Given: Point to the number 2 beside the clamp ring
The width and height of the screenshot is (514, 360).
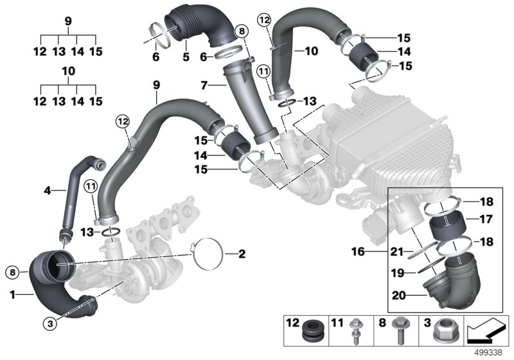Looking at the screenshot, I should point(224,255).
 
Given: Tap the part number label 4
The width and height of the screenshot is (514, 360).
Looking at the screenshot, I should point(46,190).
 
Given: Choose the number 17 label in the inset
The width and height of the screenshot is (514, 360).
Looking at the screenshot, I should point(486,219).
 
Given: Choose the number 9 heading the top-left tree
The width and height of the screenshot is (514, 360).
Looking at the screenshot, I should point(68,21).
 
